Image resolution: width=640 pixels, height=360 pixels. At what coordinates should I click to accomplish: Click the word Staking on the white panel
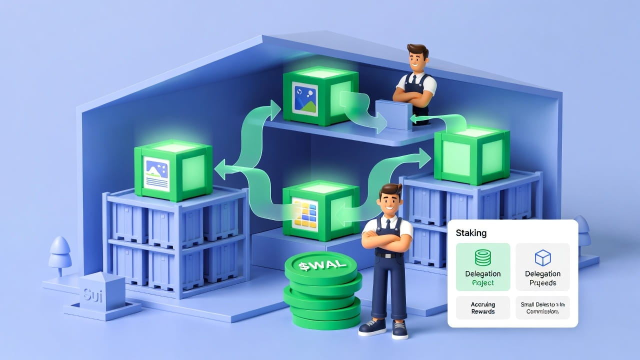(471, 233)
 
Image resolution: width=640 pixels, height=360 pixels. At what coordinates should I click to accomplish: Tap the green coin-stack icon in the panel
(482, 258)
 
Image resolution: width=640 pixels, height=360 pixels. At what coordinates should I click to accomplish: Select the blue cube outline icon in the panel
(542, 258)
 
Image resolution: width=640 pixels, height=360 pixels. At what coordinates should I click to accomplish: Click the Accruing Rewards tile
(482, 307)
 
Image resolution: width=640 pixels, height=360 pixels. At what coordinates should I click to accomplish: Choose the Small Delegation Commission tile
(542, 307)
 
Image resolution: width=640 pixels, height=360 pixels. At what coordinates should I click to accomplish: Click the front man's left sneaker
(372, 327)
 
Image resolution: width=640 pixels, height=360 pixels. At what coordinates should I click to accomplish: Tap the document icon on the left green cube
(156, 172)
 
